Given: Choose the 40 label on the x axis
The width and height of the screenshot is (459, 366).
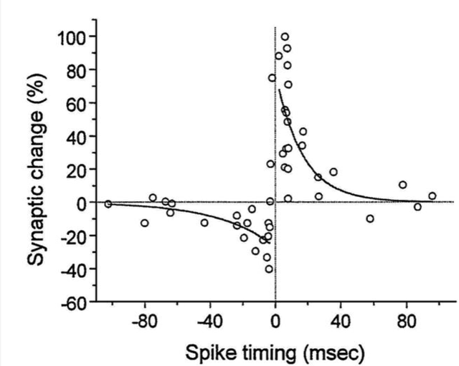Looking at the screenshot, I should point(341,321).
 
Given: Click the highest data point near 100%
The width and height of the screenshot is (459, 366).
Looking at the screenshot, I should point(285,37).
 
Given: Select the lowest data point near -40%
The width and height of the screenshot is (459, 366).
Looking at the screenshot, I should point(269,269).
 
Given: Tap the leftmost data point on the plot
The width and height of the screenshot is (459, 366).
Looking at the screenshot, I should point(108,203).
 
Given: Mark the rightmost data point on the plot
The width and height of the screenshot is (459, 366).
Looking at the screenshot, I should point(432,196).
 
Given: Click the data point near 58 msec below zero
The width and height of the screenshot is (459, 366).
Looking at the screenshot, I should point(370,218).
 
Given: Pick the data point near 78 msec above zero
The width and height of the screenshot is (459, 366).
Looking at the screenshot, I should point(403,185).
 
